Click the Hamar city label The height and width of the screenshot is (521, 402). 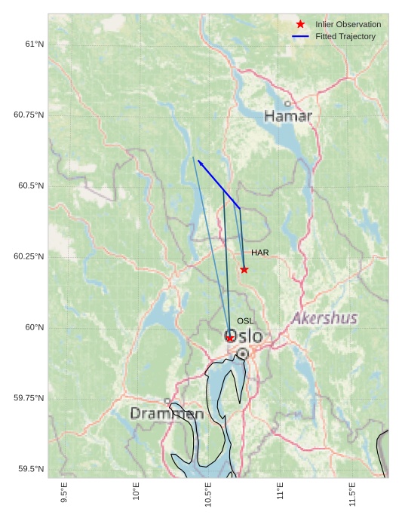[287, 116]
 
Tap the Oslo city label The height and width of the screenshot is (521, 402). [244, 336]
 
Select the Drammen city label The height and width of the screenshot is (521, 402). [167, 413]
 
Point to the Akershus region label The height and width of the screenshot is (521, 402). [324, 318]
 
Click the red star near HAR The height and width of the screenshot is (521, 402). [244, 269]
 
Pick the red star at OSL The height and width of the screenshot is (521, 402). [230, 338]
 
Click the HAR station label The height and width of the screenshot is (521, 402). [260, 253]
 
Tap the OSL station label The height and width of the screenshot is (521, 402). [245, 321]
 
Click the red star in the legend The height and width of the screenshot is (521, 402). [300, 24]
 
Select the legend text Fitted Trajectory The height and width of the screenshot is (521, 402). [345, 36]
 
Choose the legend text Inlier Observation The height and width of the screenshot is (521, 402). [348, 24]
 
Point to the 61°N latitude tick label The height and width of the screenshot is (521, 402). [35, 44]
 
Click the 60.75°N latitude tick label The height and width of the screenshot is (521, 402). [29, 115]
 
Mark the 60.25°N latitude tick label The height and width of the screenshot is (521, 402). [29, 256]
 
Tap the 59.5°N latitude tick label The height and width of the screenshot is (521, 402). [32, 469]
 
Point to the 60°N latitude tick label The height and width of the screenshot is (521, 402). [35, 327]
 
